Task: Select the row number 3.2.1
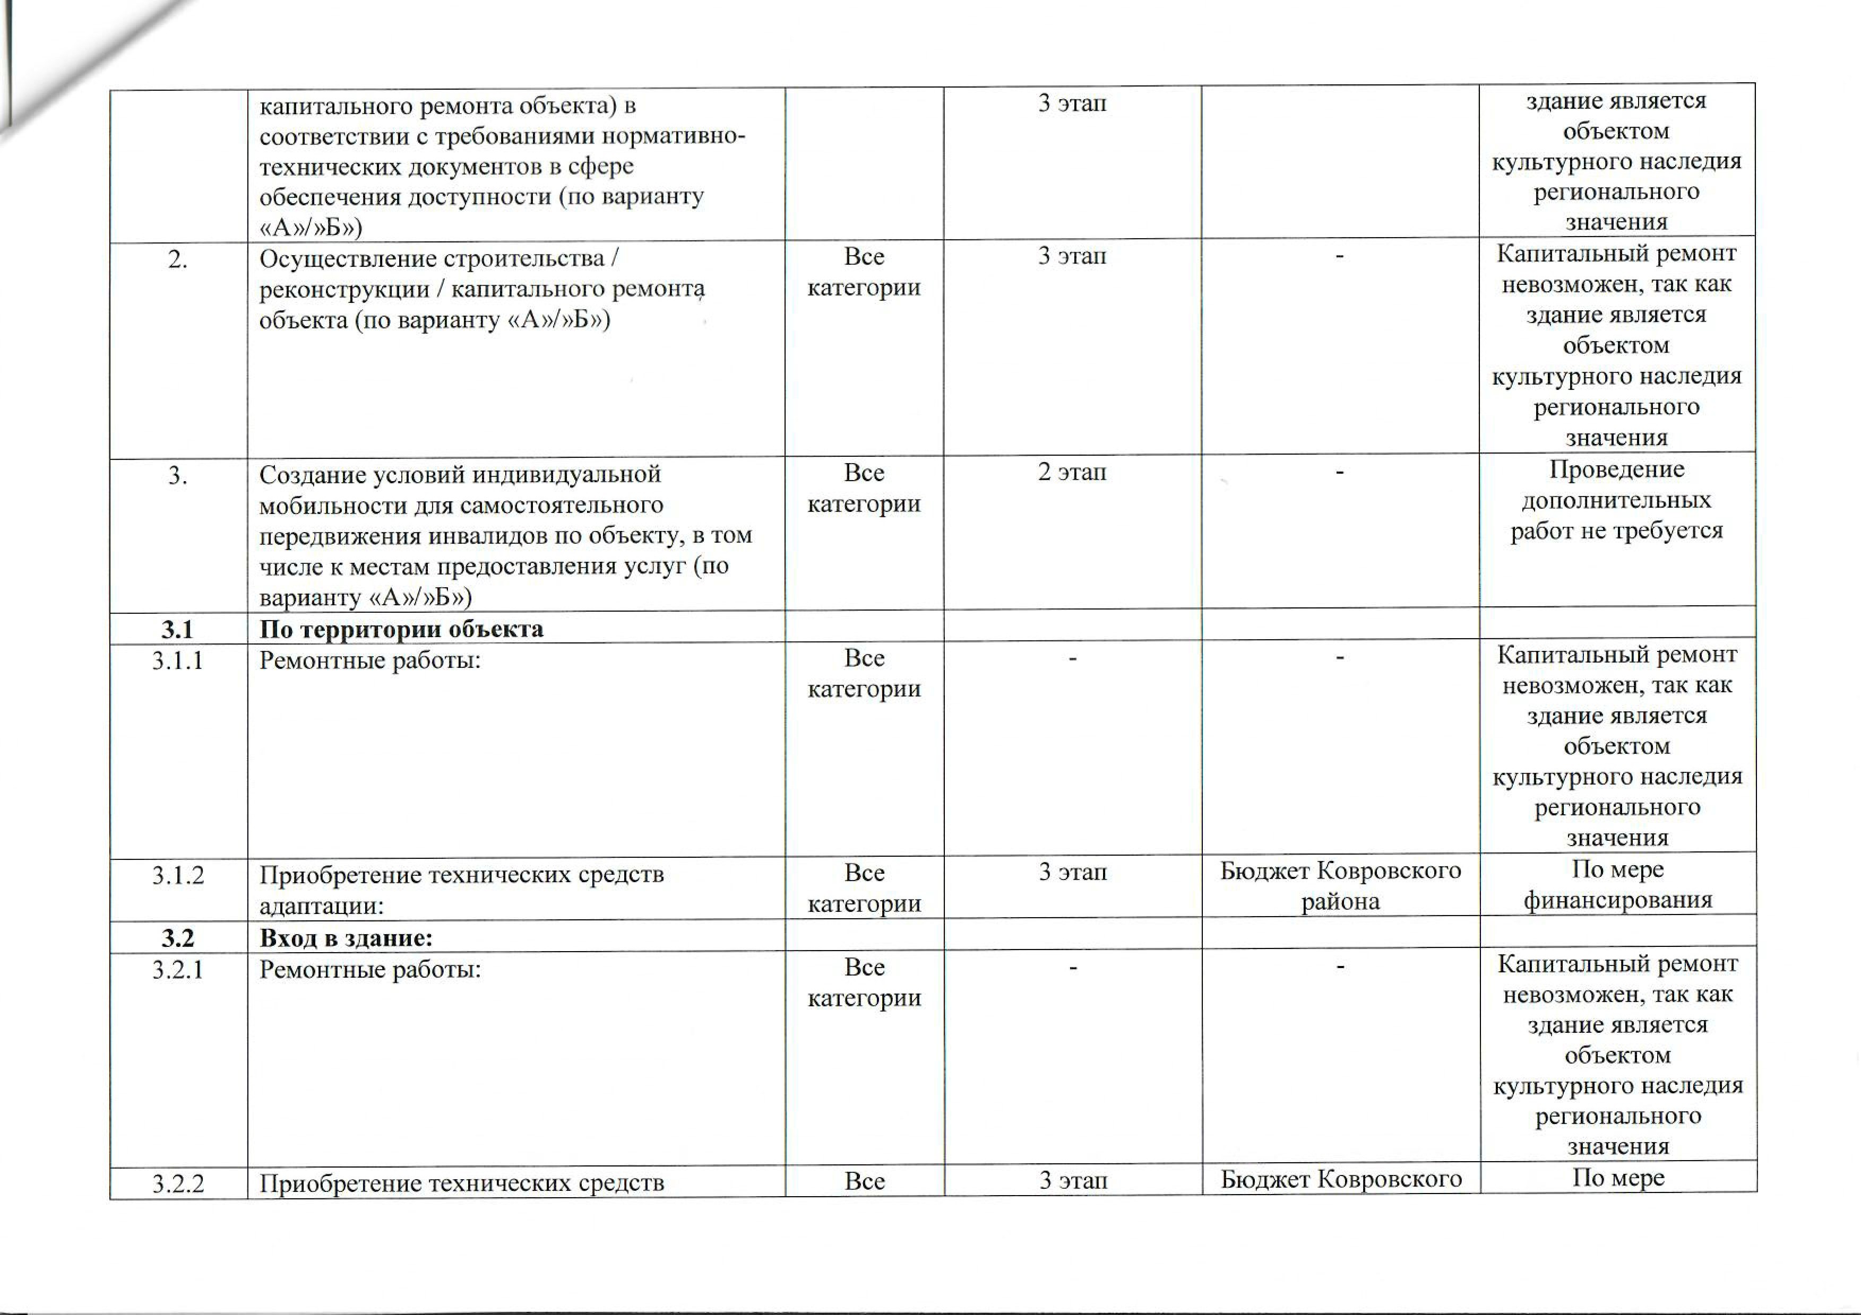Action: coord(177,970)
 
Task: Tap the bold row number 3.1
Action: coord(177,630)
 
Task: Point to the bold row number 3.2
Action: coord(177,938)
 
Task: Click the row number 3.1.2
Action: coord(177,876)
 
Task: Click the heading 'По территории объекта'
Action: coord(401,630)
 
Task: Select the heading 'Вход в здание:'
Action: coord(346,938)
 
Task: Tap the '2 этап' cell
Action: coord(1072,472)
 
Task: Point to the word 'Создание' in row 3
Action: coord(311,474)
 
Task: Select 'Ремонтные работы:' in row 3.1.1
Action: coord(369,661)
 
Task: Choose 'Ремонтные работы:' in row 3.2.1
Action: coord(369,970)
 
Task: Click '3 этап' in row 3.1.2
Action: coord(1072,873)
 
